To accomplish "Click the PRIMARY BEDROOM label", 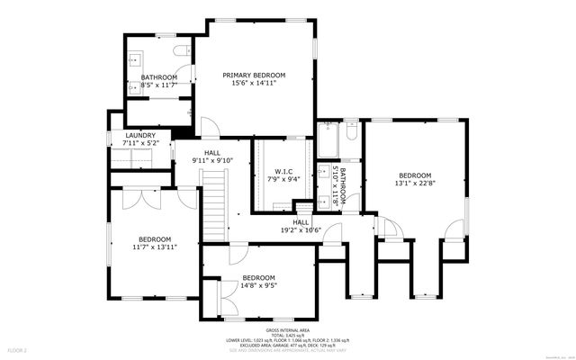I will (255, 76).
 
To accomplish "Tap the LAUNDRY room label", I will (140, 135).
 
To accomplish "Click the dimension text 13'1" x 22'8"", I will (416, 184).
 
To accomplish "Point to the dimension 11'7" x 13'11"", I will (155, 247).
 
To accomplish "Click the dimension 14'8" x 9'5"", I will (258, 287).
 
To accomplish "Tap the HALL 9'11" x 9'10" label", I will (212, 153).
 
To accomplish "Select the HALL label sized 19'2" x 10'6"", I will (301, 221).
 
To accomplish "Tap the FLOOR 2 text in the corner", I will (18, 349).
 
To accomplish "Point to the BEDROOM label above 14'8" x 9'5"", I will (258, 277).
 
